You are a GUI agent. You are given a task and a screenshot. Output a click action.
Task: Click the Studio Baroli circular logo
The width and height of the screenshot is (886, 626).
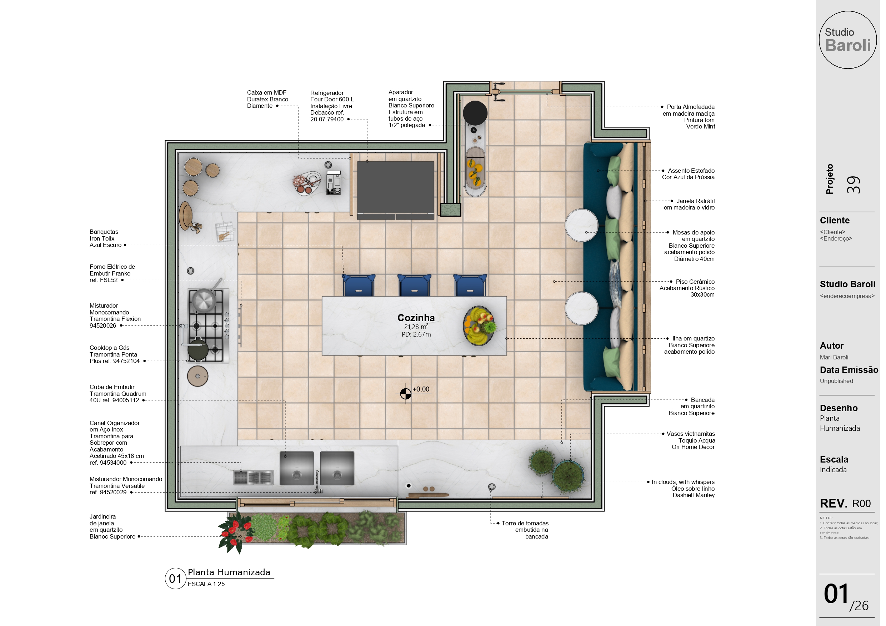847,40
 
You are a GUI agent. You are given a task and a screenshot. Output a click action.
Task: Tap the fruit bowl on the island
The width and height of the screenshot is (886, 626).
479,325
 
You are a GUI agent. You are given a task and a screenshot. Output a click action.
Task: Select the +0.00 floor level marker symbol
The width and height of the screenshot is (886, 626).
406,394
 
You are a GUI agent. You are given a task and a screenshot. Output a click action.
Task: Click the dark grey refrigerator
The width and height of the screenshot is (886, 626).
396,190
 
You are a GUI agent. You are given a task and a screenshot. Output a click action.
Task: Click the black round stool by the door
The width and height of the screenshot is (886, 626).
475,113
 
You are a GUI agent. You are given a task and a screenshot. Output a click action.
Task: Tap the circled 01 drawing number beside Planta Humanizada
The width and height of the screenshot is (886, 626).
176,579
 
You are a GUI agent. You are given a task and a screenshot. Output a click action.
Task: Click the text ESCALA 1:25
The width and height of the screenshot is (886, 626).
206,584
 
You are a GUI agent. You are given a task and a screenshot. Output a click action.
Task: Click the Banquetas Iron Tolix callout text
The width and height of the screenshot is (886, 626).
105,238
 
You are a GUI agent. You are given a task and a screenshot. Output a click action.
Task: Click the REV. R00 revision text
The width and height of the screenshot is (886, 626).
845,503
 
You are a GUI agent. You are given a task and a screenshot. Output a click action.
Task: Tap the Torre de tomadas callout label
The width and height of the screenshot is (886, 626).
525,530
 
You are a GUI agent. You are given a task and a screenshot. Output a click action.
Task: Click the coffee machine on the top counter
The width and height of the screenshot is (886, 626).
334,183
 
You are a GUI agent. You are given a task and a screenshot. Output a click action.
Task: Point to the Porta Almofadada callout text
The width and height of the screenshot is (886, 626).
689,116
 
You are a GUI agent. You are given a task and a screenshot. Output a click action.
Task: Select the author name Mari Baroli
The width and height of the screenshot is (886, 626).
834,357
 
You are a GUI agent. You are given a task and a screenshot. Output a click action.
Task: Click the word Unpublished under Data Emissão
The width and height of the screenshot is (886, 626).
836,381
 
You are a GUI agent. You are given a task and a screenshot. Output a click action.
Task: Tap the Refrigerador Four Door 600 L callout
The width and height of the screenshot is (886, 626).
332,106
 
